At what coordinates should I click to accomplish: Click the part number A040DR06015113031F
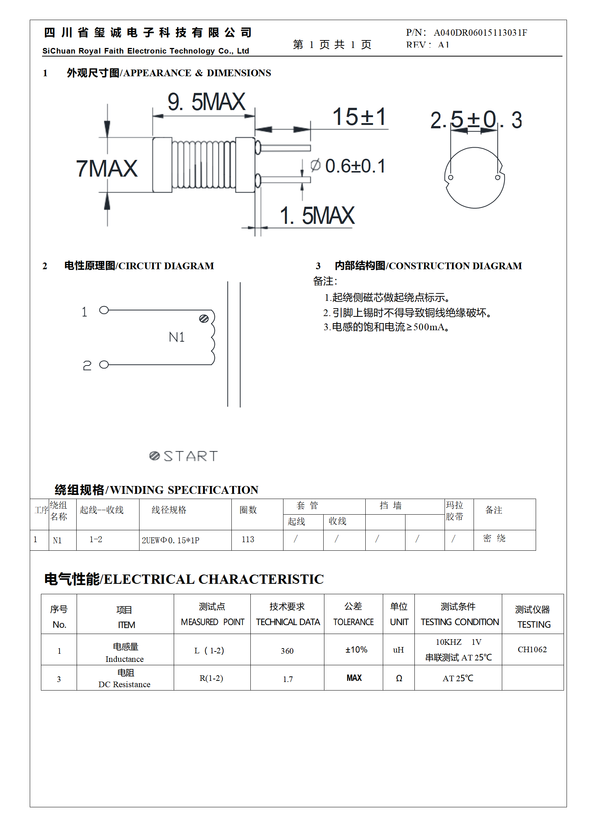480,33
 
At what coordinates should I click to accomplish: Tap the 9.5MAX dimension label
206,102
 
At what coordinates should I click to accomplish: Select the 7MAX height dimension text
107,168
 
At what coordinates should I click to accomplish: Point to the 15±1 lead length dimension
359,117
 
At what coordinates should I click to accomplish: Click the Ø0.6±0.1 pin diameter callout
348,166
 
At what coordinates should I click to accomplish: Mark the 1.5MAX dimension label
317,216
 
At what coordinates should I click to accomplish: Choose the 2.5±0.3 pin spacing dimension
476,120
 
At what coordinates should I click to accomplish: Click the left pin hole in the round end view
450,177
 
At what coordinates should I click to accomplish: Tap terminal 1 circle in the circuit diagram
104,310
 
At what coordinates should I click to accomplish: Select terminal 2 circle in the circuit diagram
104,365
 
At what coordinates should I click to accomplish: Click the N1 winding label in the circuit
177,337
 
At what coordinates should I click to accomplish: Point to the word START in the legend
190,456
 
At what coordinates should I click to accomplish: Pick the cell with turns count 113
248,540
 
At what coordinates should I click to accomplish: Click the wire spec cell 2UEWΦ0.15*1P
170,540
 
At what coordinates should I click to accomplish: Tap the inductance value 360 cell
287,651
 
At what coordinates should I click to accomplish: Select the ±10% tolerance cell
356,650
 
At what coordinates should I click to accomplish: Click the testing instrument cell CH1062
532,650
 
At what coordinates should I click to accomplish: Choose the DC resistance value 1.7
288,679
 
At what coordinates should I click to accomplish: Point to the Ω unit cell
399,678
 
